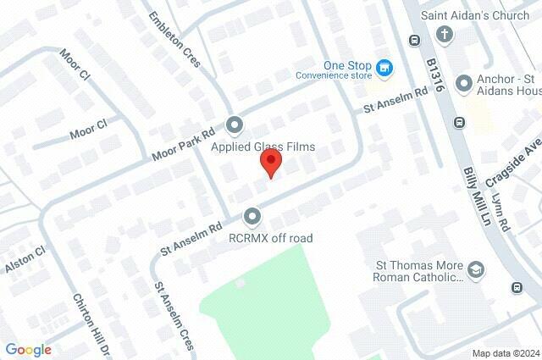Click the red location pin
tap(270, 162)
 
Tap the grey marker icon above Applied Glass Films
tap(235, 126)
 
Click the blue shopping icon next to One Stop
tap(384, 67)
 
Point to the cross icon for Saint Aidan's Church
tap(444, 35)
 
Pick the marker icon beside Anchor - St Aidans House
tap(463, 83)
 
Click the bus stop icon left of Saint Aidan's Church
tap(414, 40)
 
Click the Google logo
tap(28, 349)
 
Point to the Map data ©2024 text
tap(505, 353)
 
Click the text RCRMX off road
tap(271, 238)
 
